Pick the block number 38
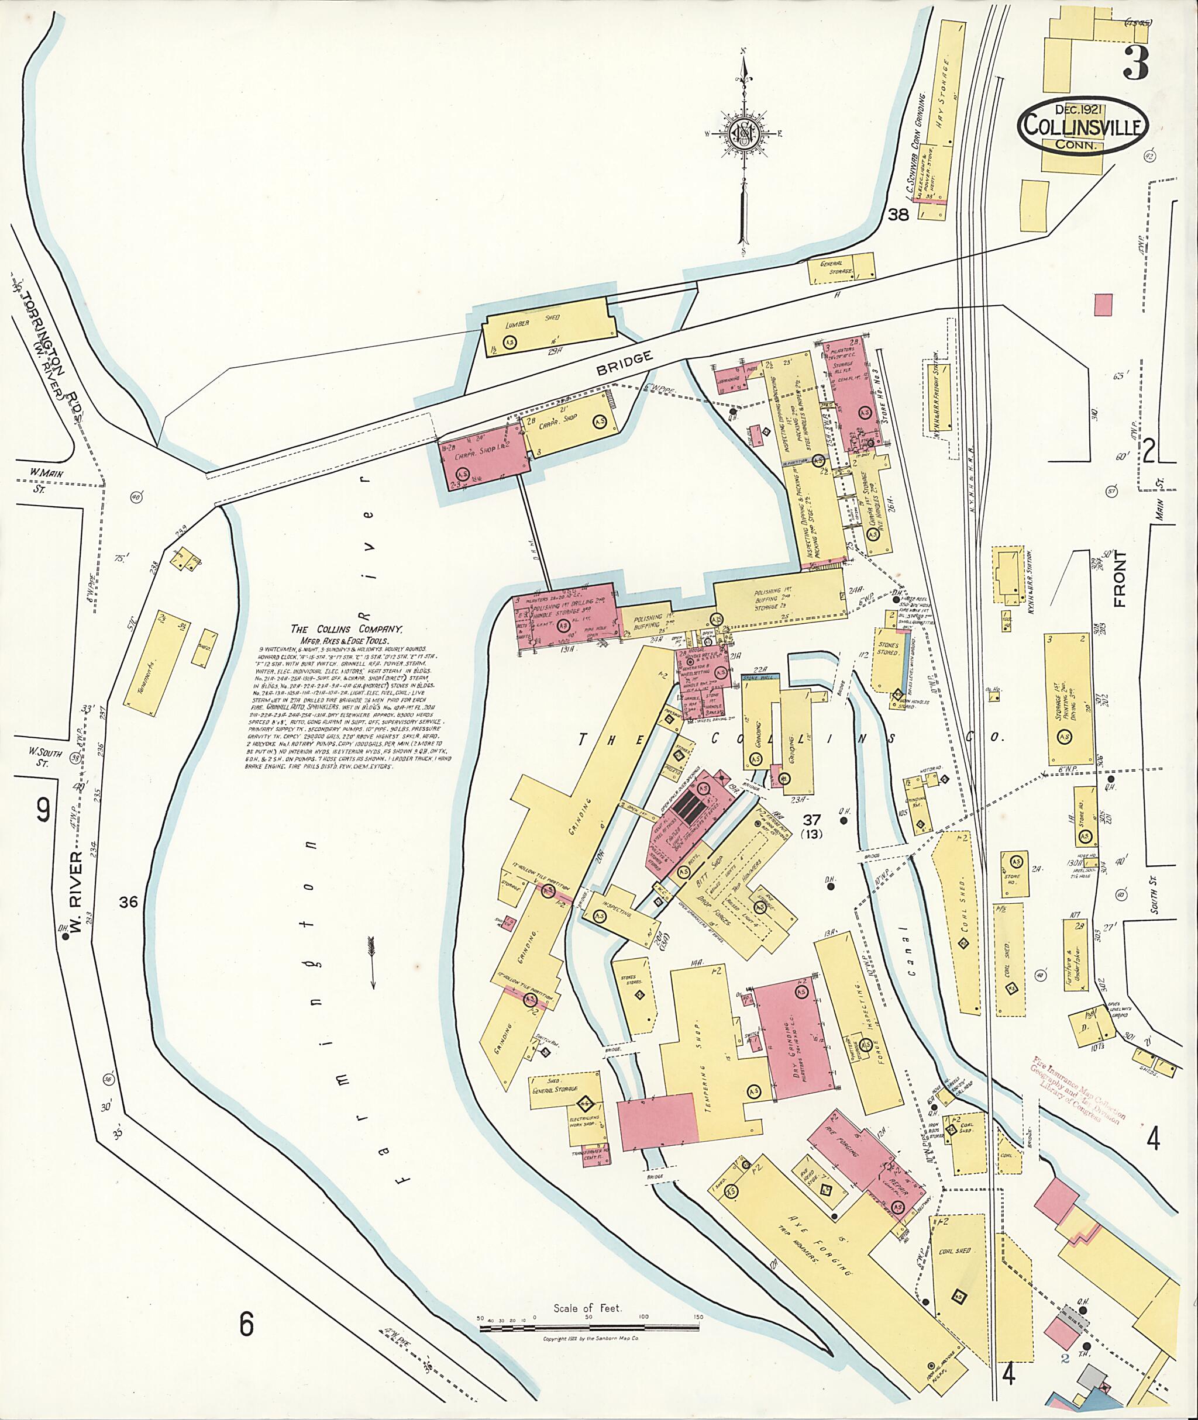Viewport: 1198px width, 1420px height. coord(898,216)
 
